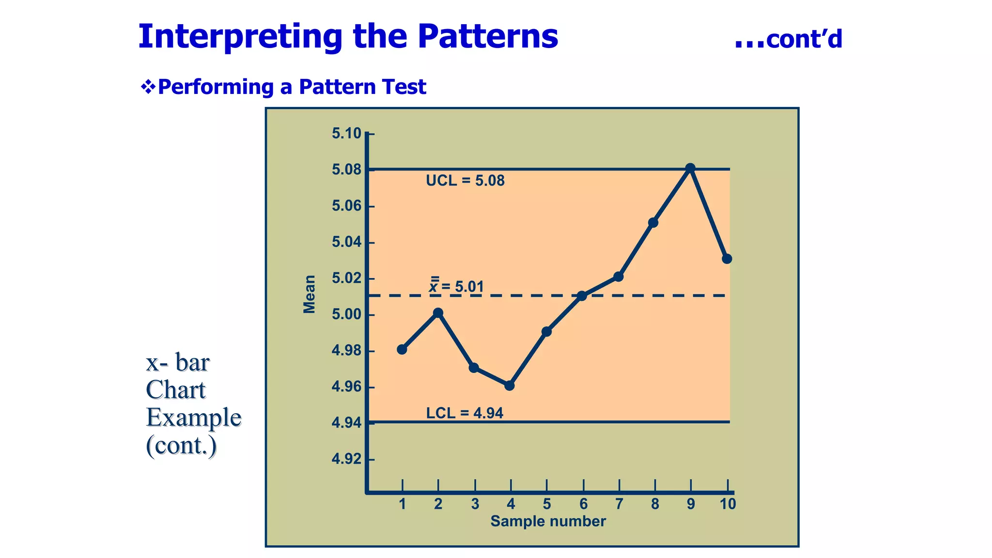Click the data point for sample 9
pos(691,168)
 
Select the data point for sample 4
pos(510,386)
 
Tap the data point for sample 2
pos(438,313)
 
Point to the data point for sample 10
pos(727,259)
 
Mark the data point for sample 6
pos(582,295)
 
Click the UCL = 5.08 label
pos(465,181)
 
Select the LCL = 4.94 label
pos(465,413)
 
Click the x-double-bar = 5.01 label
pos(457,286)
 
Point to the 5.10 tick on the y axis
pos(346,133)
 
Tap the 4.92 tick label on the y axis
pos(346,459)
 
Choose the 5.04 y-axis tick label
pos(346,242)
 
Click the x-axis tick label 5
pos(547,504)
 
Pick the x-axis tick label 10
pos(728,504)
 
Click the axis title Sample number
pos(548,521)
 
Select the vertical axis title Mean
pos(309,294)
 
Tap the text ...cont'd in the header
pos(789,39)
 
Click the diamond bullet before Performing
pos(148,87)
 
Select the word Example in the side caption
pos(194,418)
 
